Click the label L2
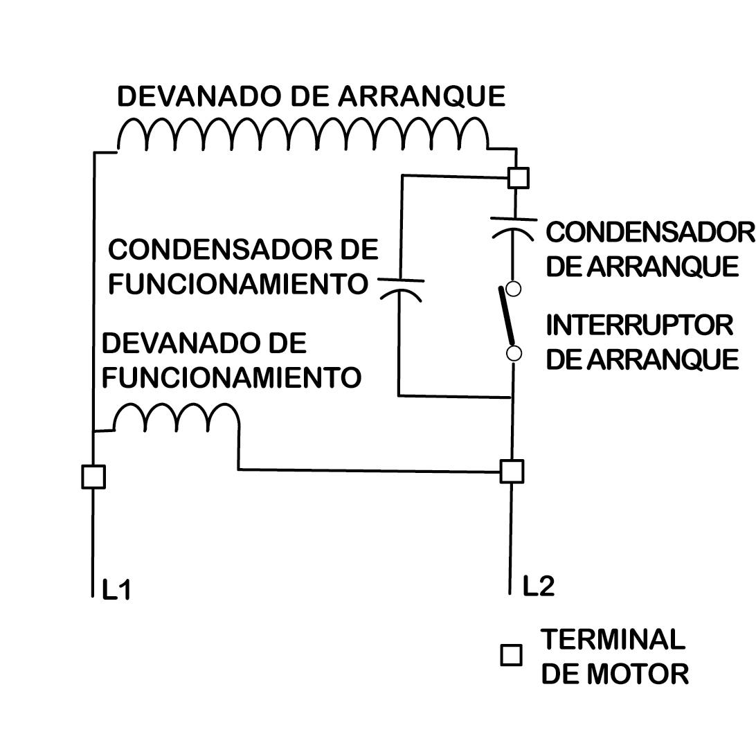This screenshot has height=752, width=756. click(538, 587)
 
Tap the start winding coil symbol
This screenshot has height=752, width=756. click(303, 134)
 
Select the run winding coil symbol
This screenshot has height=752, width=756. click(177, 418)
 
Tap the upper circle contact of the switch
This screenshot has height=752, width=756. click(513, 288)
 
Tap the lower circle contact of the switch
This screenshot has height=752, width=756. click(514, 354)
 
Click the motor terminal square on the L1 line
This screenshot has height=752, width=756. click(93, 476)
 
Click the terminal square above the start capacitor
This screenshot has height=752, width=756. click(517, 177)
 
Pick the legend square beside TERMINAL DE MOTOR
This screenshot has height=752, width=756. click(511, 655)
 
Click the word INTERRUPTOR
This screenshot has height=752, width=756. click(639, 325)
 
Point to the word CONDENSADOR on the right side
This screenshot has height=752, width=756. click(649, 233)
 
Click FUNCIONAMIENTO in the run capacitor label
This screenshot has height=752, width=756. click(237, 283)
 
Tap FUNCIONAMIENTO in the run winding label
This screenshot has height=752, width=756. click(231, 377)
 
